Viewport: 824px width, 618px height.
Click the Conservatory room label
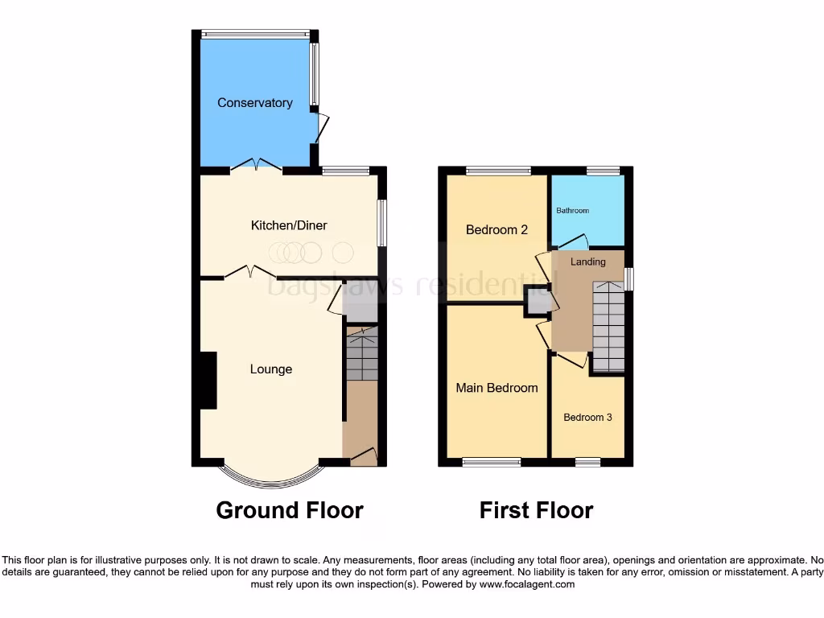254,103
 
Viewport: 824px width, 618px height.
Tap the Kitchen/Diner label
289,225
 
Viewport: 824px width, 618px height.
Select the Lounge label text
271,369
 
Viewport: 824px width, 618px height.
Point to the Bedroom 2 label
496,230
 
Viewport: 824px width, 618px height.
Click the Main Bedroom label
496,388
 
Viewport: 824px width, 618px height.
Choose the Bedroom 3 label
587,418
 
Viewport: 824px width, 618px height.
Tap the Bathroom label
572,211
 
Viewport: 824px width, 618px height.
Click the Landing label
587,262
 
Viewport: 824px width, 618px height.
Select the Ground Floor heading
290,510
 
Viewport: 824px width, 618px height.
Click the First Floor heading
536,510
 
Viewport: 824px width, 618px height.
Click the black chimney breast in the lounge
208,381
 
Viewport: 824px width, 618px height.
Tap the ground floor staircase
361,355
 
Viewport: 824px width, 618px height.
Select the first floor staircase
608,326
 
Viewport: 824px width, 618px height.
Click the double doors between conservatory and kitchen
256,166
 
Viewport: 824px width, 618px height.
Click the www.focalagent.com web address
528,584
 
